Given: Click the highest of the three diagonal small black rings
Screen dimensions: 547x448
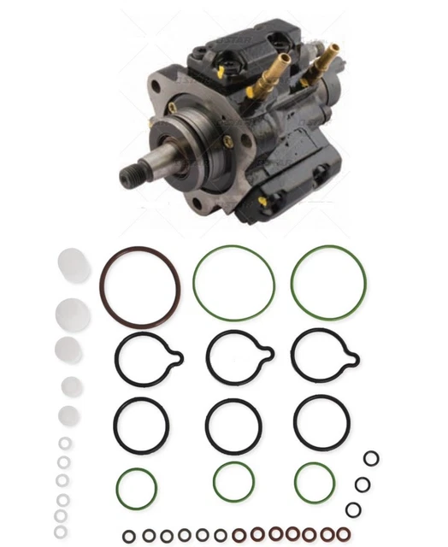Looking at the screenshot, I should pos(370,459).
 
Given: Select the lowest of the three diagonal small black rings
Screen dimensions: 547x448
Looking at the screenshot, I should pos(352,509).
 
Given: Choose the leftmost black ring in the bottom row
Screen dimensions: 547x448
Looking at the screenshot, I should pos(128,536).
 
